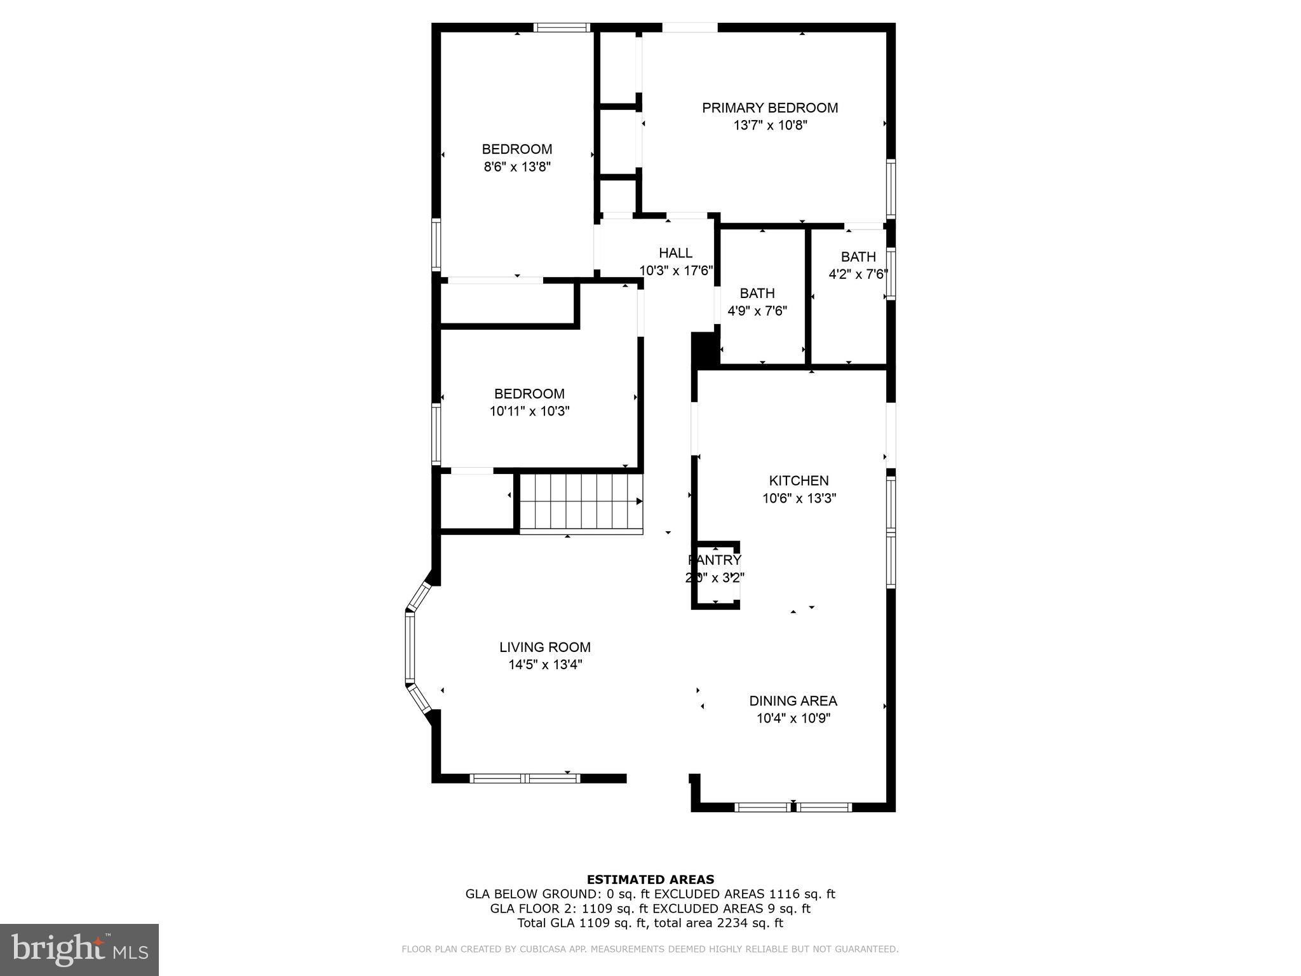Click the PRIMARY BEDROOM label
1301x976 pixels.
pos(769,108)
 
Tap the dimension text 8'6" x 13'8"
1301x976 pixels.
pos(516,167)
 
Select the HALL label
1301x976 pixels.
pos(675,253)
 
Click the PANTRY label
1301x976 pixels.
pos(715,560)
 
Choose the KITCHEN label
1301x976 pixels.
pos(799,481)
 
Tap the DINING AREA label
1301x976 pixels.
pos(793,701)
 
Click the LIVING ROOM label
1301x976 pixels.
pos(544,647)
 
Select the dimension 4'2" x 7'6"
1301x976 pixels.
pos(858,274)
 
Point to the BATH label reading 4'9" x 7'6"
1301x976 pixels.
pos(757,294)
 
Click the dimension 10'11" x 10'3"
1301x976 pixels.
pos(529,411)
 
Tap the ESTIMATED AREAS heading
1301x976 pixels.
pos(650,879)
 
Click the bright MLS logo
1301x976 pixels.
pos(79,949)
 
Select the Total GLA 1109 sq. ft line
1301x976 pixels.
pos(650,923)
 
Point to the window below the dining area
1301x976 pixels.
pos(793,808)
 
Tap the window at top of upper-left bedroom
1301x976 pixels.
pos(562,27)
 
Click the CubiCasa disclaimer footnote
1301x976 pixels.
pos(650,949)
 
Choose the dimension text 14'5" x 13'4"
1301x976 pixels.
pos(544,665)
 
